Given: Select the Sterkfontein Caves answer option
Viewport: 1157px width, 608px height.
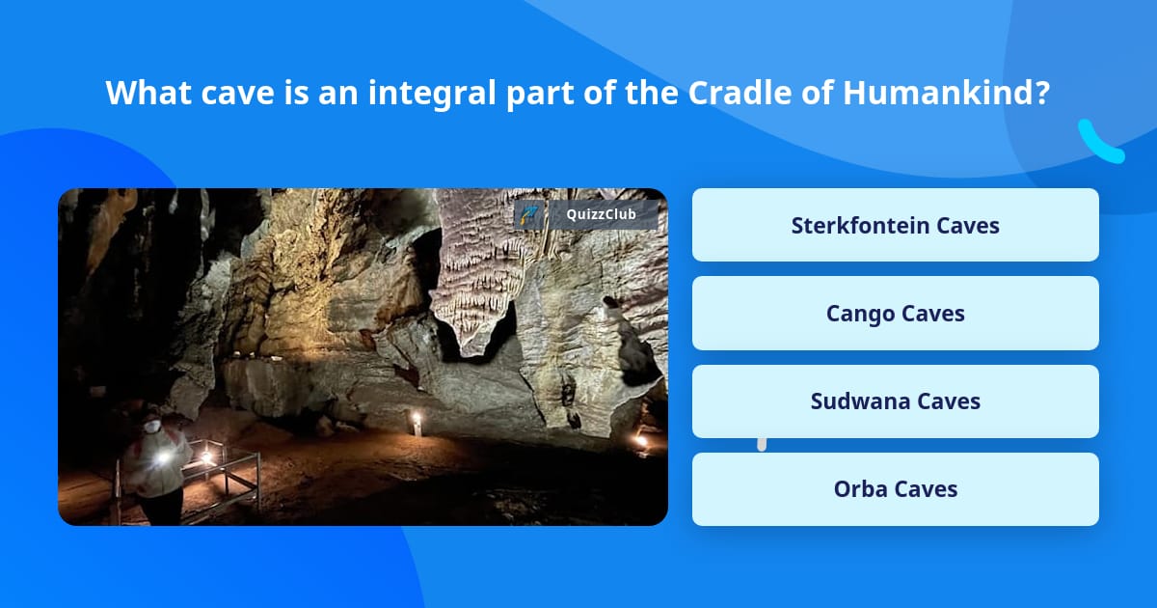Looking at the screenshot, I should click(x=895, y=225).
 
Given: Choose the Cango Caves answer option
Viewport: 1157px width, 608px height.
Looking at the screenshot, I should click(x=895, y=313).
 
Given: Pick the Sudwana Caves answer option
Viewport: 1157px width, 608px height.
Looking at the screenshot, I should click(x=895, y=401).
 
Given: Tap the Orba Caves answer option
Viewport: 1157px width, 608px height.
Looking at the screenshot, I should click(x=895, y=489).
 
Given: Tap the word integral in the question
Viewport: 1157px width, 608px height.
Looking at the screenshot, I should click(x=423, y=94).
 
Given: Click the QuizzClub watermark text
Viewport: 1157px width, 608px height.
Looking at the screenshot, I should click(x=601, y=214).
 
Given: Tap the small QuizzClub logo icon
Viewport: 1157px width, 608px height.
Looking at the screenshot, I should click(x=529, y=214).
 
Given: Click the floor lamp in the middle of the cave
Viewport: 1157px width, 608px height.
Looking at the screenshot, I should click(x=417, y=421).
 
